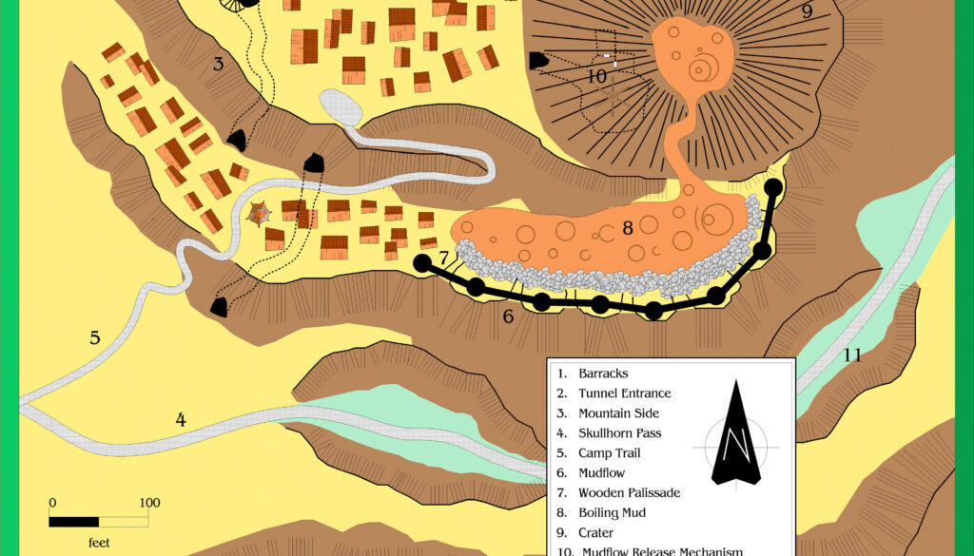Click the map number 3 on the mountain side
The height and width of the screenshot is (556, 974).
[218, 65]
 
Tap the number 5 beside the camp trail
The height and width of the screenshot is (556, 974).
[95, 337]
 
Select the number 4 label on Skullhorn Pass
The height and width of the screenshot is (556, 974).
[181, 419]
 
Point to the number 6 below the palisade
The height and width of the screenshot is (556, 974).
[508, 316]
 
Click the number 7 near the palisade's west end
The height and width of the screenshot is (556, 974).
[444, 258]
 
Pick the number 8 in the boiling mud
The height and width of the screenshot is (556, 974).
[628, 228]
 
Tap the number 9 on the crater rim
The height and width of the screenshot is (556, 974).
[807, 11]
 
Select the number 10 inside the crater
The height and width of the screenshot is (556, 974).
[596, 75]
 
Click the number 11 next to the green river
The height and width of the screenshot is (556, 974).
[852, 355]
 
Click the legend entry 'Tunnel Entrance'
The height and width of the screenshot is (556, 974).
[624, 393]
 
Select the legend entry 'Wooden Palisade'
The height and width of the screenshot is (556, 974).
[629, 493]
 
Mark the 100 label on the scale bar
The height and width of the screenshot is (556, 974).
[148, 503]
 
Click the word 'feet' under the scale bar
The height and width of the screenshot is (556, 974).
[98, 543]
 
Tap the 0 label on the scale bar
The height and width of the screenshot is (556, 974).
[52, 503]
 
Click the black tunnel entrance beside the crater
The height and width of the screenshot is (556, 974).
[538, 60]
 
